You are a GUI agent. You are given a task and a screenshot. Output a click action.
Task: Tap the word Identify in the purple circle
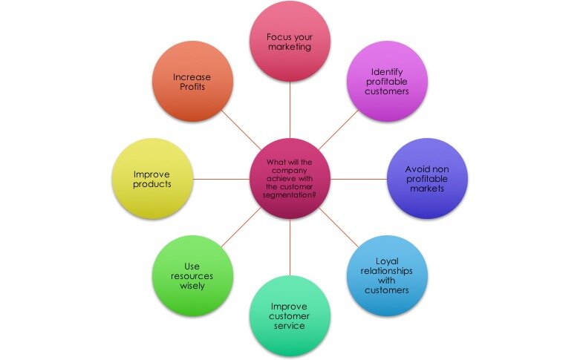pyautogui.click(x=387, y=72)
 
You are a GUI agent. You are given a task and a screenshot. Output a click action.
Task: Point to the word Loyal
pyautogui.click(x=387, y=262)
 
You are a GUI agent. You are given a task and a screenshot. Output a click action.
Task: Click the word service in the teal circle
pyautogui.click(x=290, y=326)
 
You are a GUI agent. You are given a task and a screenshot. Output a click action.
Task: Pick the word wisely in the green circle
pyautogui.click(x=192, y=286)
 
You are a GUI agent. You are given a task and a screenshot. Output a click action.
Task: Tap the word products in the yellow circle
pyautogui.click(x=152, y=184)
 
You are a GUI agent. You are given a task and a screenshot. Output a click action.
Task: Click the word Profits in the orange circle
pyautogui.click(x=192, y=87)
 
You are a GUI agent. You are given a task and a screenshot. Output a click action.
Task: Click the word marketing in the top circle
pyautogui.click(x=290, y=47)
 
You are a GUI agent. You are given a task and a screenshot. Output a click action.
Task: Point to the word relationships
pyautogui.click(x=387, y=271)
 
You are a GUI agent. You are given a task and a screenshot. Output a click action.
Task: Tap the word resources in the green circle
pyautogui.click(x=192, y=276)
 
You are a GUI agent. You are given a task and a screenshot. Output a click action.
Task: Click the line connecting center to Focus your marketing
pyautogui.click(x=290, y=110)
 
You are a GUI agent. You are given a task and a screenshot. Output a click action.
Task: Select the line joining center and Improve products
pyautogui.click(x=221, y=180)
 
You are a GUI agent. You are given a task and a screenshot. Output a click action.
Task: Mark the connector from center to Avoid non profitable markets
pyautogui.click(x=359, y=180)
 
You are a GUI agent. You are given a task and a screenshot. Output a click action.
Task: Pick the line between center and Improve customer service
pyautogui.click(x=290, y=247)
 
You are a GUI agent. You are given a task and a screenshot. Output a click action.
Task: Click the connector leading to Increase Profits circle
pyautogui.click(x=241, y=130)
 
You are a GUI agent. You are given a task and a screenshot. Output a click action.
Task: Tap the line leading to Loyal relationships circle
pyautogui.click(x=339, y=228)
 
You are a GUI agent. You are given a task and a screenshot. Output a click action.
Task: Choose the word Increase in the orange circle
pyautogui.click(x=192, y=77)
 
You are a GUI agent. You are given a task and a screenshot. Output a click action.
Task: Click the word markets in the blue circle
pyautogui.click(x=427, y=189)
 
